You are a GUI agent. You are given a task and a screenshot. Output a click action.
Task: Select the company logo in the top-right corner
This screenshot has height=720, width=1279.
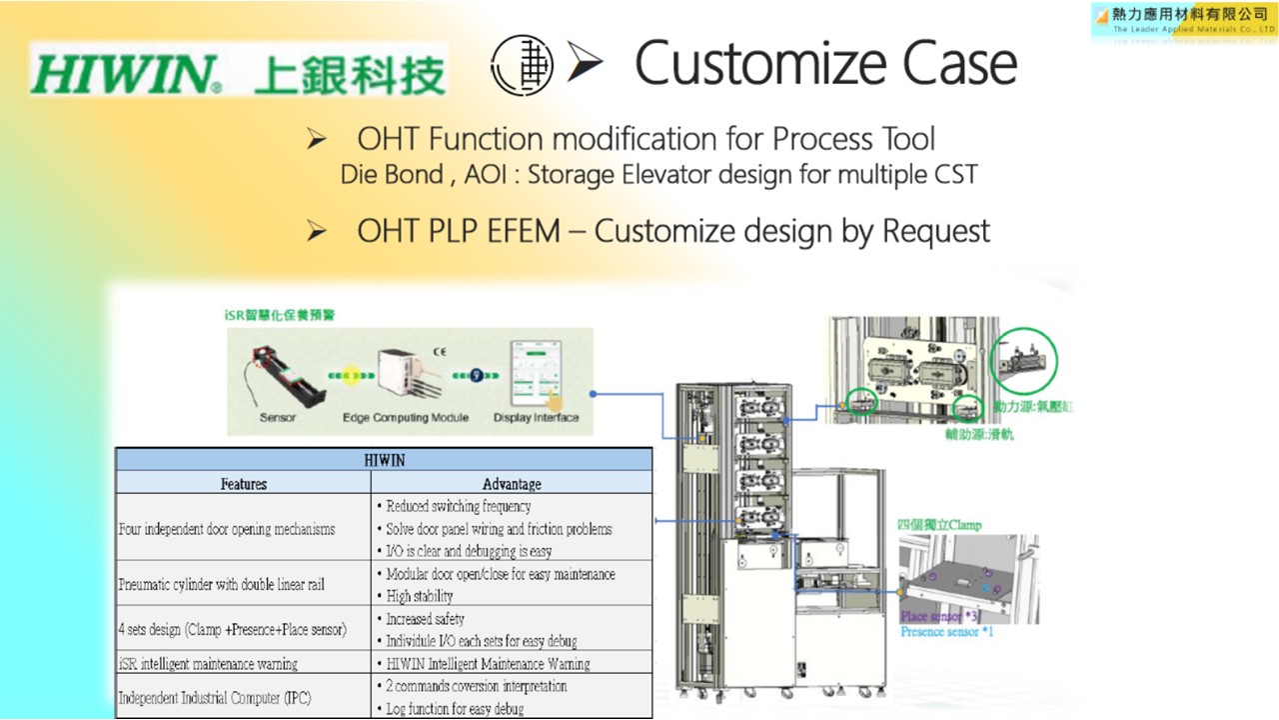click(1183, 20)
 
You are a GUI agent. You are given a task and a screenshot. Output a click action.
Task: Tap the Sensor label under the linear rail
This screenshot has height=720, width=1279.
click(277, 417)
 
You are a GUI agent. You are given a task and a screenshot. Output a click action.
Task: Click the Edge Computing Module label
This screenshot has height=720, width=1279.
click(406, 417)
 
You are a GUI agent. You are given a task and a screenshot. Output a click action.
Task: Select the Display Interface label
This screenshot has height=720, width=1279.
click(537, 417)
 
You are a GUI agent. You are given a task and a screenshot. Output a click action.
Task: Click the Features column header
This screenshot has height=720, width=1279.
click(244, 484)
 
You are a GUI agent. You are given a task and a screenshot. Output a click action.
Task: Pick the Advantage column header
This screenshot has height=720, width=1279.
click(512, 484)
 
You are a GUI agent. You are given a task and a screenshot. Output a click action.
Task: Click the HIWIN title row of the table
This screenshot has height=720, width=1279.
click(384, 460)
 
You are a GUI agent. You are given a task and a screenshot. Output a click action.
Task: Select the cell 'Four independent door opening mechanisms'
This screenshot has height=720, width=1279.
click(227, 529)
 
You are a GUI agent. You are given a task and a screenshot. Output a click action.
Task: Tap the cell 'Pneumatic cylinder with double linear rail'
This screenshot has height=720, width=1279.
click(221, 584)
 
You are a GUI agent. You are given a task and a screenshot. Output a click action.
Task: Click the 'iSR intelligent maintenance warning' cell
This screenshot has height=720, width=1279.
click(208, 664)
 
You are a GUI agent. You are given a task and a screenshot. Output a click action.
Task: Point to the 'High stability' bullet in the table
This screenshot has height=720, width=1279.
click(419, 596)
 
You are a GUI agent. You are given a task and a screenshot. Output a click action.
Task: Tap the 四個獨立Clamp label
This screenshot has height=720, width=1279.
click(939, 525)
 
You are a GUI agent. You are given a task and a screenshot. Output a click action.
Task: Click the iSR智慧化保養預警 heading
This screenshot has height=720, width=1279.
click(280, 314)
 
